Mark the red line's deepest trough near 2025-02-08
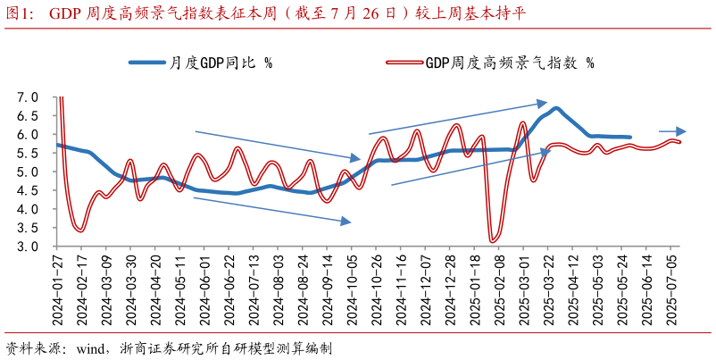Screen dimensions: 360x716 coord(492,239)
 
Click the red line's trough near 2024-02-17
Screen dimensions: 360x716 coord(80,230)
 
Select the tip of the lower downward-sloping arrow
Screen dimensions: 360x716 coord(352,222)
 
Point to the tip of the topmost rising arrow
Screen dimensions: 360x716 coord(546,103)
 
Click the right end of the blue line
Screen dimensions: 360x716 coord(630,137)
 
